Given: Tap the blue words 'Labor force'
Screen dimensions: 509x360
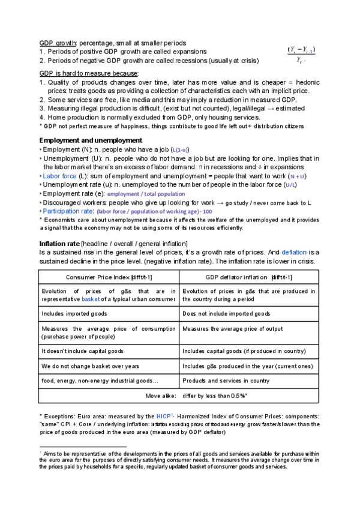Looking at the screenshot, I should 60,176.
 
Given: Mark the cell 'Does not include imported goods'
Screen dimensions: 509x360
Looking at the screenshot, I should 226,313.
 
